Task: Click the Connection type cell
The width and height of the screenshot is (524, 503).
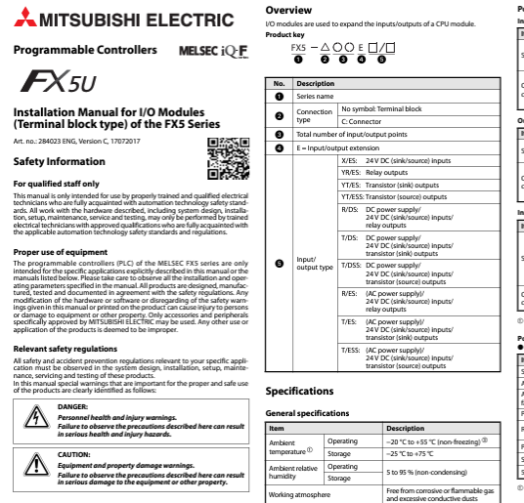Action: pos(315,115)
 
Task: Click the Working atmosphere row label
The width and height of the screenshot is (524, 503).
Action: pos(299,495)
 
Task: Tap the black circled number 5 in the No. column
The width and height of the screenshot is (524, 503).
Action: pos(280,264)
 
